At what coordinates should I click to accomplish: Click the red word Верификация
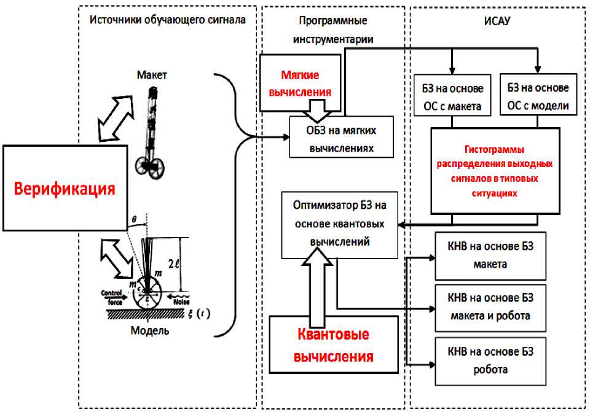pyautogui.click(x=65, y=188)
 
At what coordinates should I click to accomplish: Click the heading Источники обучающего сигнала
pyautogui.click(x=168, y=20)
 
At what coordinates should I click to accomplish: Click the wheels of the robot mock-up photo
pyautogui.click(x=149, y=166)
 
